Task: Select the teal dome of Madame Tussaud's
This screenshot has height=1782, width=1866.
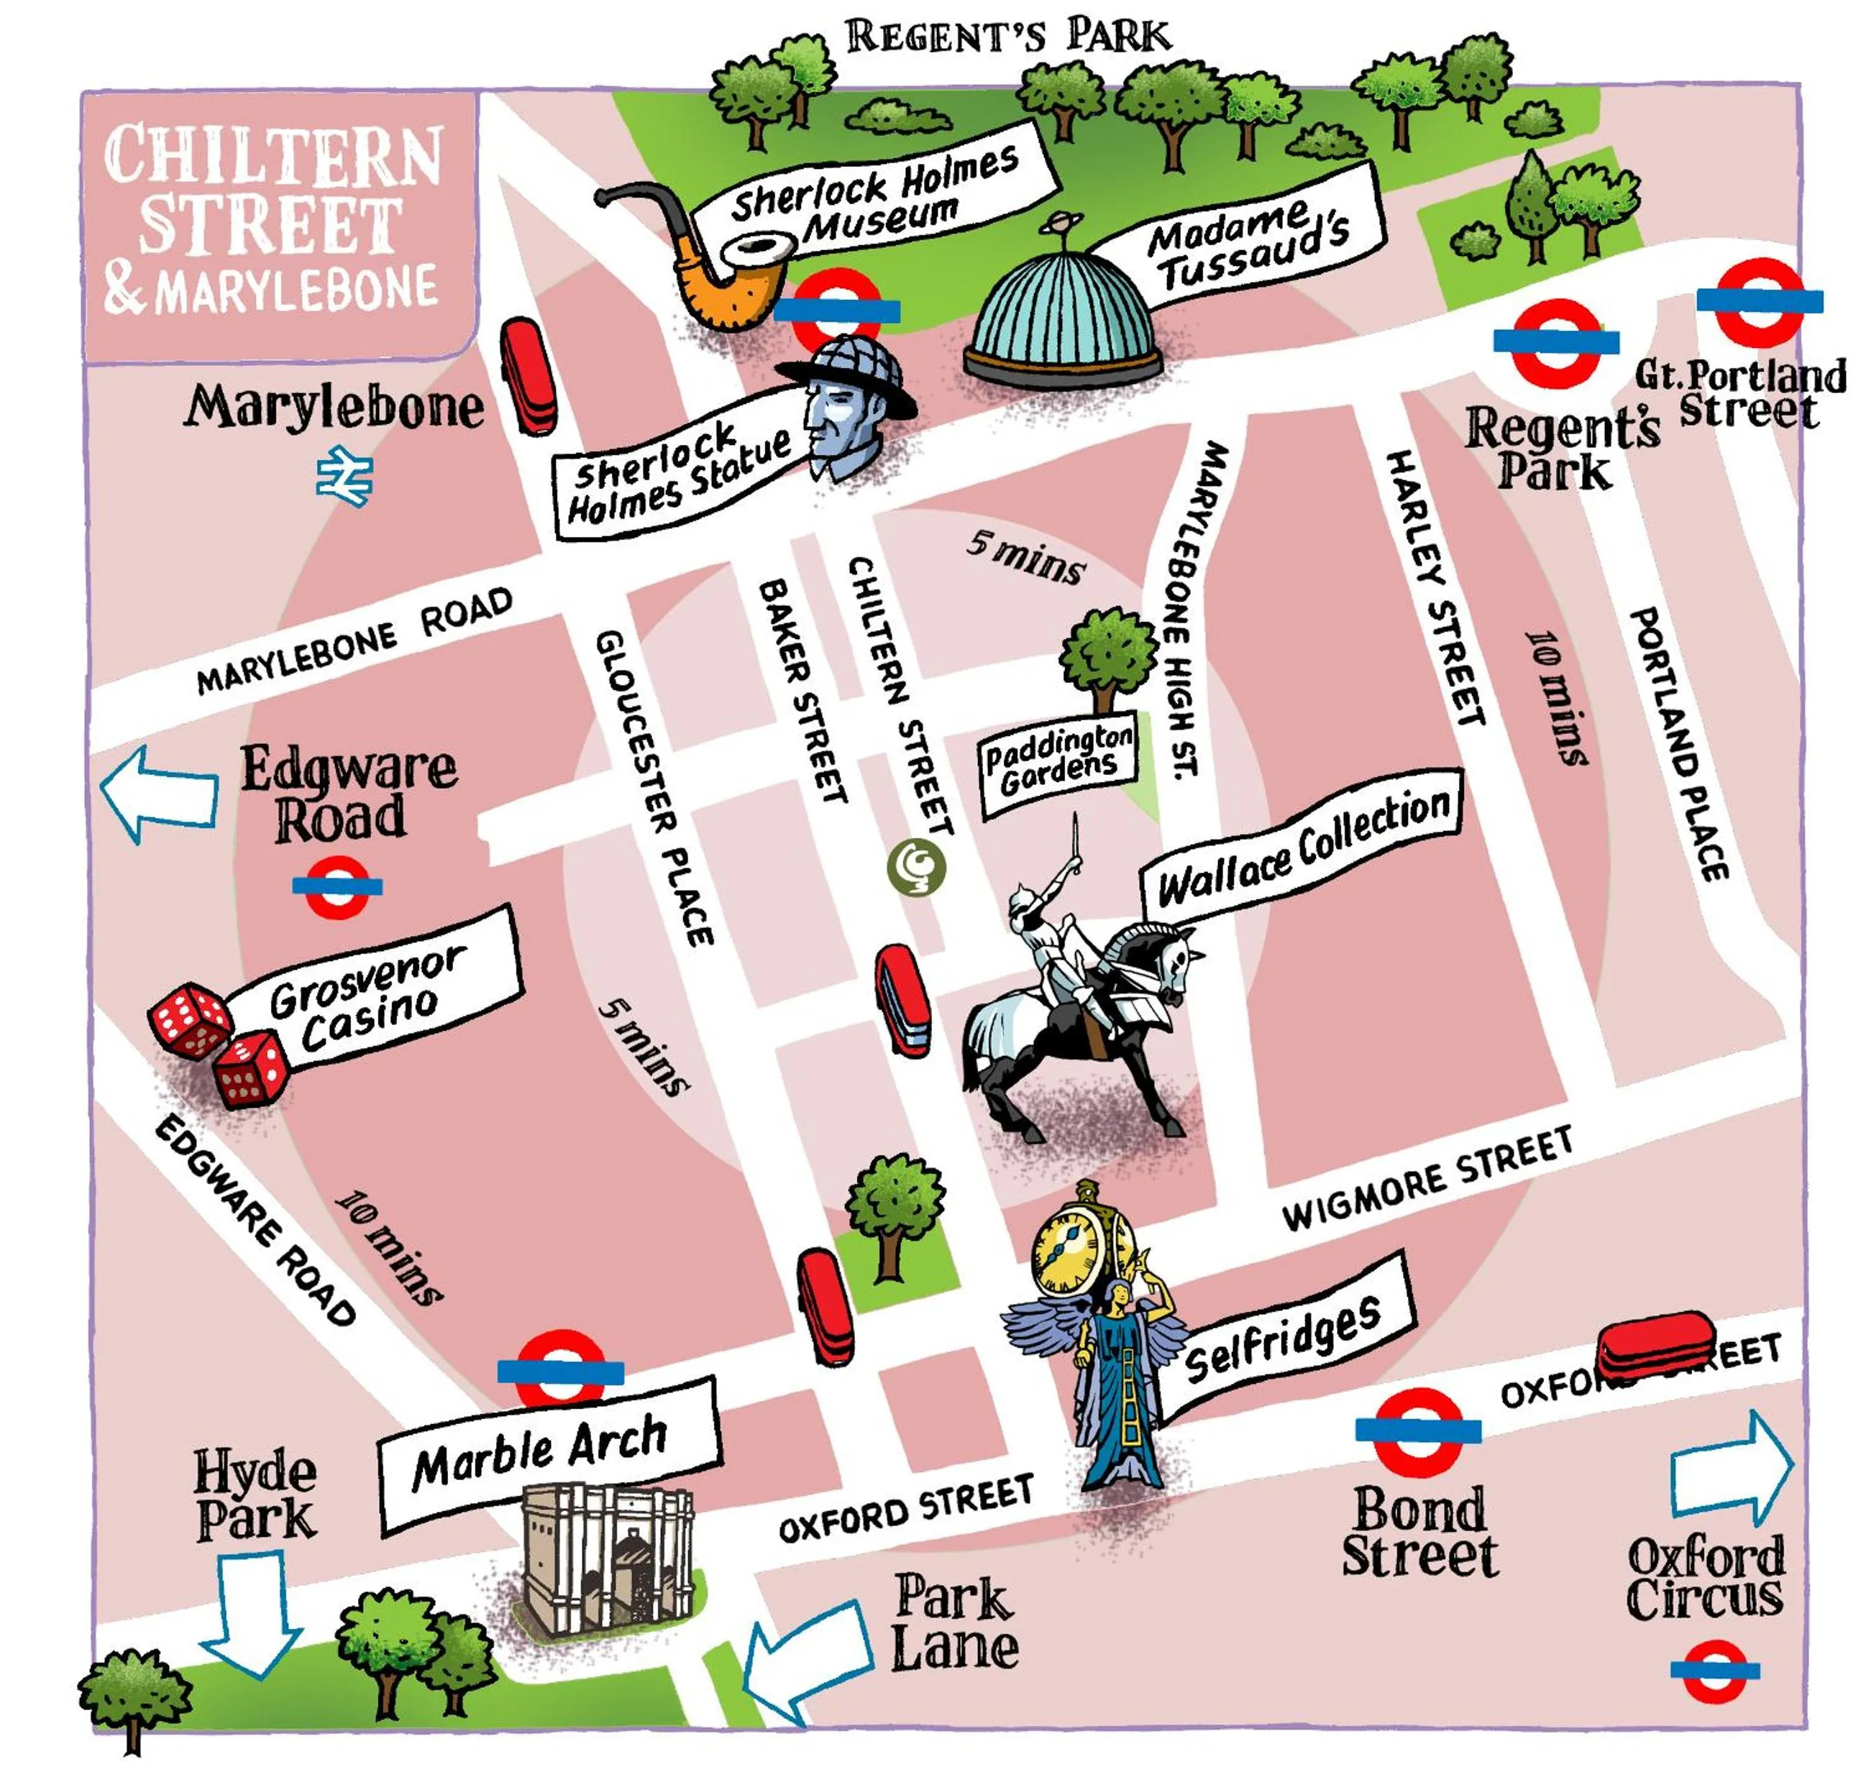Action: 1062,318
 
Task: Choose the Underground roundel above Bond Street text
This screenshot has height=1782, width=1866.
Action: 1417,1430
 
